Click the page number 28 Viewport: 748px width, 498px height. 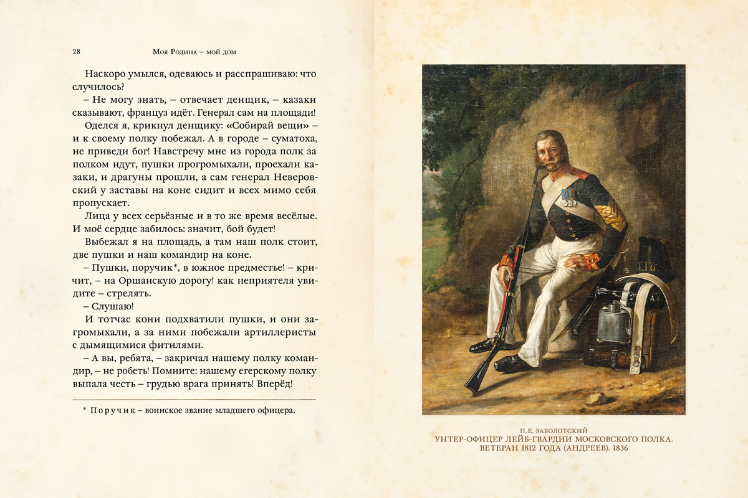(x=76, y=51)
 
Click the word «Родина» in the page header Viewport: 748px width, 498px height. (x=184, y=51)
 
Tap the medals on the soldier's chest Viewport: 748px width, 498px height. (x=567, y=197)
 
